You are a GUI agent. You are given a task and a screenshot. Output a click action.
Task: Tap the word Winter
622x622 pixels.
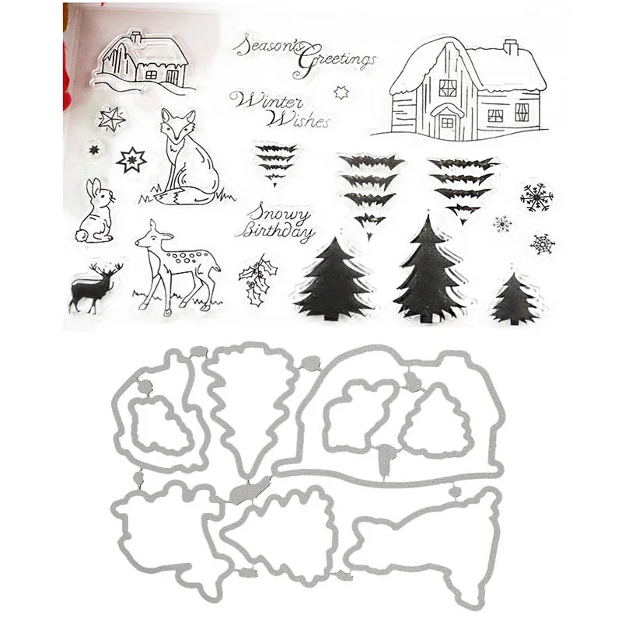259,101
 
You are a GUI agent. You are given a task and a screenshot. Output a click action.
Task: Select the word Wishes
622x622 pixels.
299,120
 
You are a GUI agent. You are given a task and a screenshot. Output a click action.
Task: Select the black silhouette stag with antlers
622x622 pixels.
92,288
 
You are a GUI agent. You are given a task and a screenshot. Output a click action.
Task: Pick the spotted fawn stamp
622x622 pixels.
175,264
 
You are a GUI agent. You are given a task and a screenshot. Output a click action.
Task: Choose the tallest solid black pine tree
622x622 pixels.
426,268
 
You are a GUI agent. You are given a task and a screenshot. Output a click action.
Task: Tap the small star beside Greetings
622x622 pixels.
338,93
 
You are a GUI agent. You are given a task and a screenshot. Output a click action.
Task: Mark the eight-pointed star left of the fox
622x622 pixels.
131,160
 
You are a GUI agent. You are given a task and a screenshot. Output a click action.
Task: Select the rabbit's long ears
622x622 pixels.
94,190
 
